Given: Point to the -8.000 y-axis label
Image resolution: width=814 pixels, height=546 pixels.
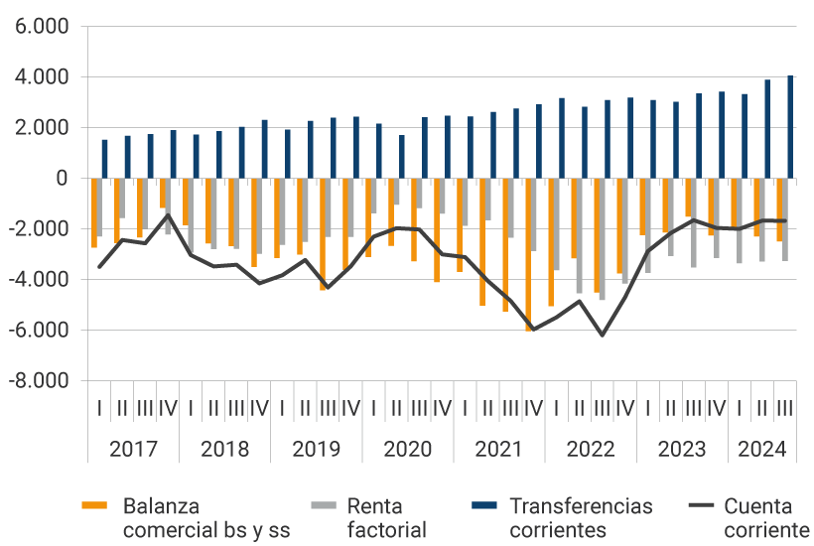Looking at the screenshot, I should pyautogui.click(x=40, y=380).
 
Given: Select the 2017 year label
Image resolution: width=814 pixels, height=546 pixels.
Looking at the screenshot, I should pyautogui.click(x=134, y=449).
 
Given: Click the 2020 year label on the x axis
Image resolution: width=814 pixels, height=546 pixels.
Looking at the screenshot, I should pyautogui.click(x=408, y=449).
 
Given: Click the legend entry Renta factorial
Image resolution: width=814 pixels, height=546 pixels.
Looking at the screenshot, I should pyautogui.click(x=386, y=518).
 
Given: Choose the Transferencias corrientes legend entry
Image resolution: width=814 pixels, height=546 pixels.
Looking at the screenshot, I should pyautogui.click(x=581, y=518).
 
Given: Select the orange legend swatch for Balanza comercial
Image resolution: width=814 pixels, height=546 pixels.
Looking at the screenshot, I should pyautogui.click(x=95, y=506).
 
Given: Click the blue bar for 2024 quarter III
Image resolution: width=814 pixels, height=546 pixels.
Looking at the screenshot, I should pyautogui.click(x=790, y=127).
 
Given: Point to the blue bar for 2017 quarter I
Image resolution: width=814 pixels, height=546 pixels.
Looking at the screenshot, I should pyautogui.click(x=104, y=159).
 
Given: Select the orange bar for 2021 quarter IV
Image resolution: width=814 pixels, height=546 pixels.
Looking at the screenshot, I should pyautogui.click(x=529, y=254).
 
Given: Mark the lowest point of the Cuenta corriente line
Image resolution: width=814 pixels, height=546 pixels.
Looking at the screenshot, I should pyautogui.click(x=602, y=335).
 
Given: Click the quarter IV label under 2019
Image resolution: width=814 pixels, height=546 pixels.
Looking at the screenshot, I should pyautogui.click(x=350, y=408).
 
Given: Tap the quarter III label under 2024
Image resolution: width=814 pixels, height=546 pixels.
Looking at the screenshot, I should pyautogui.click(x=784, y=408).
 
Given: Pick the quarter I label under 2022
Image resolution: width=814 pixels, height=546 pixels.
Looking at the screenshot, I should pyautogui.click(x=556, y=408).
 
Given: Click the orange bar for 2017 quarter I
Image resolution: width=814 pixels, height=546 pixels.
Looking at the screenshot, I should pyautogui.click(x=94, y=212).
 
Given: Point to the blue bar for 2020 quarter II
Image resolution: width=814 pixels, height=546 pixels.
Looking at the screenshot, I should pyautogui.click(x=402, y=157).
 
